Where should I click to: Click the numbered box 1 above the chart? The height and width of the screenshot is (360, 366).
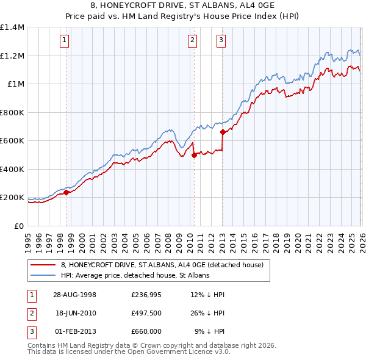click(x=64, y=41)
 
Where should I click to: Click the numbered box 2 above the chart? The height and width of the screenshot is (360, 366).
click(x=192, y=41)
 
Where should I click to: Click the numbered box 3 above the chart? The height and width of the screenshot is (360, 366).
click(x=220, y=41)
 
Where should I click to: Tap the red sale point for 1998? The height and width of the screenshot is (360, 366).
click(x=66, y=193)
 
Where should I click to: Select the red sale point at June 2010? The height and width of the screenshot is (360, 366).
click(x=194, y=156)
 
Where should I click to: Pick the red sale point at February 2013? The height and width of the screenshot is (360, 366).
click(x=223, y=132)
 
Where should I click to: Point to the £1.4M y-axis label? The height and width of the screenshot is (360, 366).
click(x=12, y=27)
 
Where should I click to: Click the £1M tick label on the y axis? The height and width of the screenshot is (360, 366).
click(x=15, y=84)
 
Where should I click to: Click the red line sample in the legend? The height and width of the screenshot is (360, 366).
click(x=43, y=265)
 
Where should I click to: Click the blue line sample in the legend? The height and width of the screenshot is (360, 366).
click(x=43, y=276)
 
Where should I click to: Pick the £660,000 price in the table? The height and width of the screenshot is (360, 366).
click(x=146, y=331)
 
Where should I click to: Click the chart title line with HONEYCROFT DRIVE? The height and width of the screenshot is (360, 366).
click(x=182, y=5)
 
